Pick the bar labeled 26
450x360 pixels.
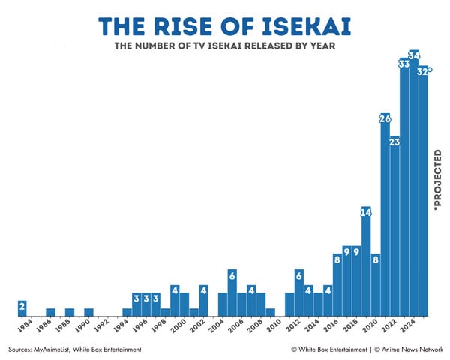[x=385, y=217]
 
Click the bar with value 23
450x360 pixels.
[x=394, y=225]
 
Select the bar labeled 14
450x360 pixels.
[x=366, y=262]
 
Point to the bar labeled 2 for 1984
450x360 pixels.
[x=22, y=308]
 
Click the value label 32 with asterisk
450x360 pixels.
[x=424, y=71]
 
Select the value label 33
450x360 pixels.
[x=403, y=64]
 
